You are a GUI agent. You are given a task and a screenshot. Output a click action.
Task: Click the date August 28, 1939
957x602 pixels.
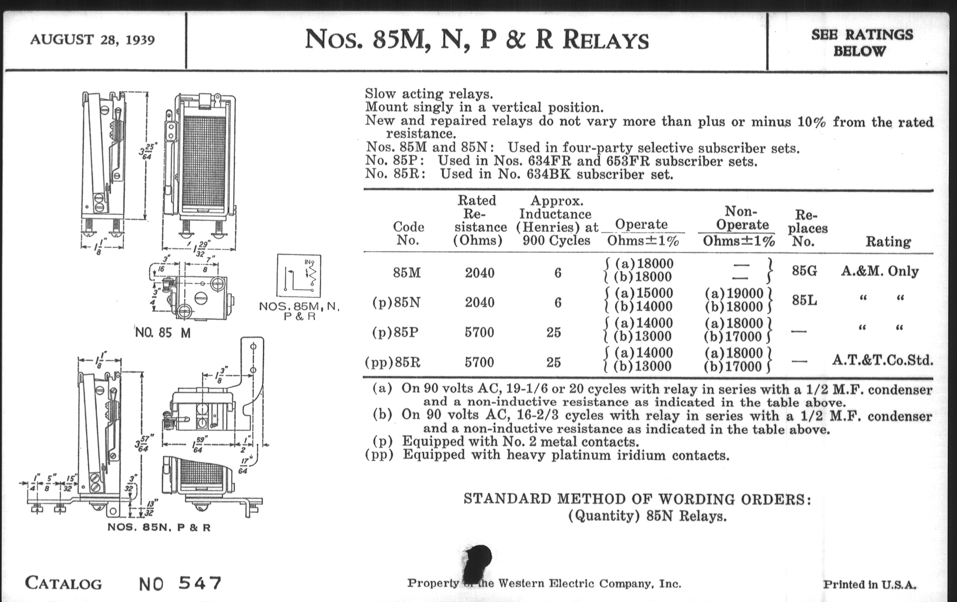92,40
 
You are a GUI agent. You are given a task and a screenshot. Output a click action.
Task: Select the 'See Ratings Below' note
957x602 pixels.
862,42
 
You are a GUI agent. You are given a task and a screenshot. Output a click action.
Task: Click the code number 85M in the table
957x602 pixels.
406,273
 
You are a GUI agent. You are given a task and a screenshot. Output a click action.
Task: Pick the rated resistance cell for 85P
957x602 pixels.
479,332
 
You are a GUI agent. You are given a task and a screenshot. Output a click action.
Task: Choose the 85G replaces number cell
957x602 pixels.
804,271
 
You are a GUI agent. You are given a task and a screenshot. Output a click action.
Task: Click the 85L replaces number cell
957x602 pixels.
804,300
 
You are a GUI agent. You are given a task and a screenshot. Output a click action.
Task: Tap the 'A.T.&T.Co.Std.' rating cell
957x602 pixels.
882,360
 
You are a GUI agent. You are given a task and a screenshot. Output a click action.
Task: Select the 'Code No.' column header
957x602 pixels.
408,233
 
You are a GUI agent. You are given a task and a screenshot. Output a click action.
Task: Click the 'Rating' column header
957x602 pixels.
888,242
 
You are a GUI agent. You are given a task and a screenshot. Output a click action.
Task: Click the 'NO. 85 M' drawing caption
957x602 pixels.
163,332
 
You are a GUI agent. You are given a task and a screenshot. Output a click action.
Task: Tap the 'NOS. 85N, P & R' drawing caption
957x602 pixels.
159,527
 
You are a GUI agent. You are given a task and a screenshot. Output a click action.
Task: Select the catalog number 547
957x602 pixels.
200,584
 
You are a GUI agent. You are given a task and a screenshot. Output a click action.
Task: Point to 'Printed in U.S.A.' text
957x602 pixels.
870,585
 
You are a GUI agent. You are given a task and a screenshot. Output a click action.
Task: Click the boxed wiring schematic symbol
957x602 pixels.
299,275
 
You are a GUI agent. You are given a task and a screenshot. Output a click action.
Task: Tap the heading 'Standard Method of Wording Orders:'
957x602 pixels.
637,499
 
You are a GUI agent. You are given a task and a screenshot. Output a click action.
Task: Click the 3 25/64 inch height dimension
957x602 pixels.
148,151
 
